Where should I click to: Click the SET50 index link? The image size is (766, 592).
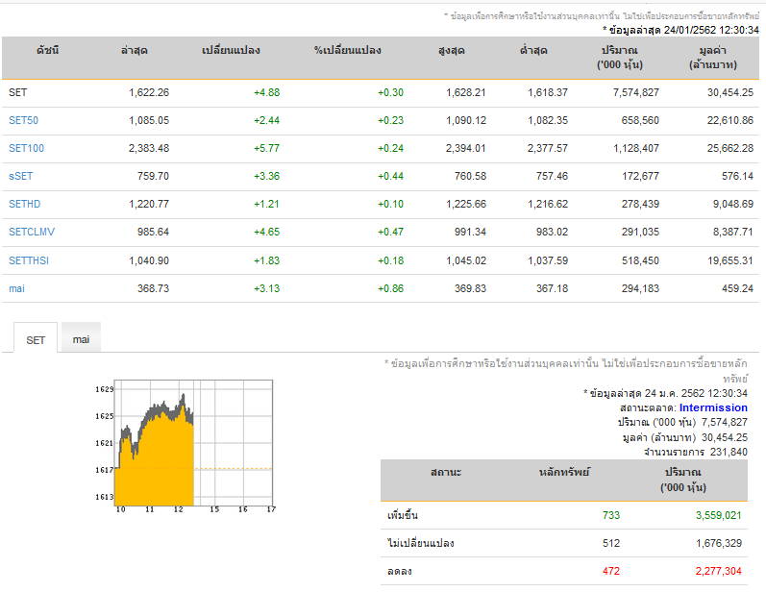[x=23, y=120]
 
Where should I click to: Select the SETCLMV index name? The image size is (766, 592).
[x=32, y=232]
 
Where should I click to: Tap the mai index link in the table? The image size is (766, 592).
[x=16, y=288]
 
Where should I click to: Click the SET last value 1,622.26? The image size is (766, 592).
[x=149, y=92]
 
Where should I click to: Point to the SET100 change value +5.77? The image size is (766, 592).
[x=267, y=148]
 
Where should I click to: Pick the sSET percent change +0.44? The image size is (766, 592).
[x=391, y=176]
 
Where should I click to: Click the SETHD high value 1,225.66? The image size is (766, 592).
[x=466, y=204]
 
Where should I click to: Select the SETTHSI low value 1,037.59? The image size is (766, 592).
[x=548, y=260]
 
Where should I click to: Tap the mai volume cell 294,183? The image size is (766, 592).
[x=640, y=288]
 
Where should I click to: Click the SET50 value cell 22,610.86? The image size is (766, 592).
[x=730, y=120]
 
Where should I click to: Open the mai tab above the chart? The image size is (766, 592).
[x=81, y=339]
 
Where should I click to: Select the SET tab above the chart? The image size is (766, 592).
[x=36, y=339]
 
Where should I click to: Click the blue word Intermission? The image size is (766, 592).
[x=713, y=407]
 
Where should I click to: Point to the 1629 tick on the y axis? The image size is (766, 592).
[x=104, y=389]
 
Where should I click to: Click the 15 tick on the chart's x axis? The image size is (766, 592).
[x=214, y=509]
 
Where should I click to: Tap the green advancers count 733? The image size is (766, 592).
[x=611, y=515]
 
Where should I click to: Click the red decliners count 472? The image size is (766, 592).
[x=611, y=571]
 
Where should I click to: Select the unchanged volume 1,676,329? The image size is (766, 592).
[x=719, y=543]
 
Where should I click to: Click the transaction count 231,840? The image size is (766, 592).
[x=729, y=452]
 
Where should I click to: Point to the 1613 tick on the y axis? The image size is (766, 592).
[x=104, y=497]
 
